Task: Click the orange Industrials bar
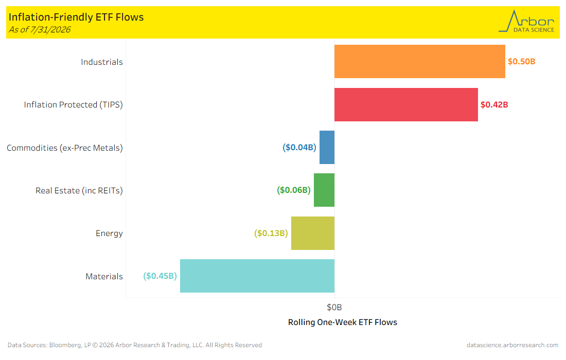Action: click(x=420, y=61)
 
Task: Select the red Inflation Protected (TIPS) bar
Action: click(x=406, y=104)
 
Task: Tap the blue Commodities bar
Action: click(x=327, y=147)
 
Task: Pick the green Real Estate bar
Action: click(x=324, y=190)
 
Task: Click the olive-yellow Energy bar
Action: click(x=313, y=233)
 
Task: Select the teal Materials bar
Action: click(x=257, y=276)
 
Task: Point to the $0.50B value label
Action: click(x=522, y=62)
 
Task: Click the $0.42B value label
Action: click(x=494, y=104)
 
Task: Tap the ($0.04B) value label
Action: click(x=299, y=147)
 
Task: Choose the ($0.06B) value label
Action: click(x=294, y=190)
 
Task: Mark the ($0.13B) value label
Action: click(x=271, y=233)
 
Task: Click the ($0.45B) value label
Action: click(x=160, y=276)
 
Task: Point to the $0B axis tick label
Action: click(x=334, y=308)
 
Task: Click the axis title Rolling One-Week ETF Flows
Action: click(x=343, y=322)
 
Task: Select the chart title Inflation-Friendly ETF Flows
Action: click(x=76, y=17)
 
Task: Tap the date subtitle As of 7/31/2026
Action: click(x=40, y=30)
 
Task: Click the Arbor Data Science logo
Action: click(x=527, y=22)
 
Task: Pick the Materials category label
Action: click(x=104, y=276)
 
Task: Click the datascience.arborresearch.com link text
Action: click(x=512, y=345)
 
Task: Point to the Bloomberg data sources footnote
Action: click(x=135, y=345)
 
